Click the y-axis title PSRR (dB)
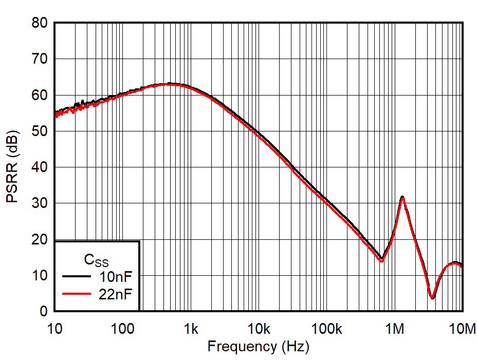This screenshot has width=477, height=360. click(x=12, y=167)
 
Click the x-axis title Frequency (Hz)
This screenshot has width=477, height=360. click(x=258, y=347)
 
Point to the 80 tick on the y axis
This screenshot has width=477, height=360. click(x=39, y=23)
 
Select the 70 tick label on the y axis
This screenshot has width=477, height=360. click(x=39, y=59)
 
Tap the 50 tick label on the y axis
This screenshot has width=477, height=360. click(x=39, y=131)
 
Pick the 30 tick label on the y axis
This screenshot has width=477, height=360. click(x=39, y=203)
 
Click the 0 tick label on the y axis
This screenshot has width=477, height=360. click(x=43, y=312)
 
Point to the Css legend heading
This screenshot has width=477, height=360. click(x=96, y=260)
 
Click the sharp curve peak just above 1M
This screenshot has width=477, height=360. click(x=402, y=197)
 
